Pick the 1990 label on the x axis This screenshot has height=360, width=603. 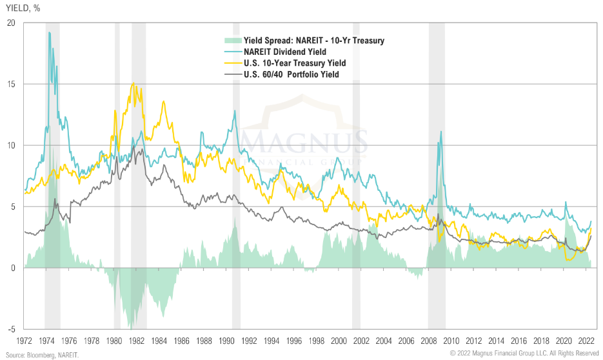(227, 340)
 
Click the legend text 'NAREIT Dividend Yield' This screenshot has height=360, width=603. (284, 52)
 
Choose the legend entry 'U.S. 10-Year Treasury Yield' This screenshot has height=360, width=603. (295, 63)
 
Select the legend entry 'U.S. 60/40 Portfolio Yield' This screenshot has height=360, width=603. (292, 74)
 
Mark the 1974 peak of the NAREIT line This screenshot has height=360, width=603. (49, 32)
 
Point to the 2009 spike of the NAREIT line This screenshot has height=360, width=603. (441, 132)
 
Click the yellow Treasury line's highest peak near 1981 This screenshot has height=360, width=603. (133, 83)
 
